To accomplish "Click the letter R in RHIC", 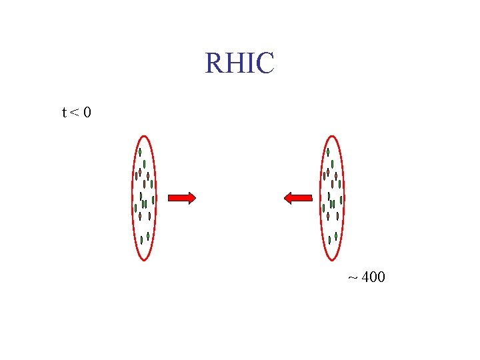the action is pos(215,63).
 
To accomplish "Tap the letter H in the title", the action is pos(234,63).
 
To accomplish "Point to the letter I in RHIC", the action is pos(249,63).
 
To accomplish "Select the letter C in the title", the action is pos(264,63).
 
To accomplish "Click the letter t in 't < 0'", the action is pos(64,113).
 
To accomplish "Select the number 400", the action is pos(373,277).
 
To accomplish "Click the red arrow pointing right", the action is pos(181,197).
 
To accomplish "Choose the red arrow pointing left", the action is pos(298,197).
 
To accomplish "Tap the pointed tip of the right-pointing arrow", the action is pos(195,197).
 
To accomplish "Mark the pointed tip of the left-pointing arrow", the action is pos(285,197).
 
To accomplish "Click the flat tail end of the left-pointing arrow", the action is pos(311,197).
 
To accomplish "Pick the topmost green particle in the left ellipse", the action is pos(140,152).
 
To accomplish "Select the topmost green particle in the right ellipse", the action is pos(328,152).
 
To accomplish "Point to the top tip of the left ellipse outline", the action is pos(144,136).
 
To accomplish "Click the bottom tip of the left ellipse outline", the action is pos(144,259).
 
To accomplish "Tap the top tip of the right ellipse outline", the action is pos(332,136).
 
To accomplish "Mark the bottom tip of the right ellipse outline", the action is pos(332,259).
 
